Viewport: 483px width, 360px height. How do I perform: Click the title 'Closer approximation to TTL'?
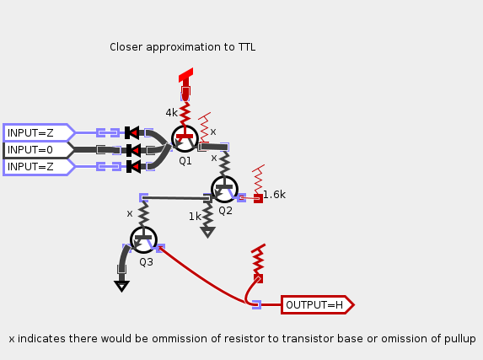[182, 47]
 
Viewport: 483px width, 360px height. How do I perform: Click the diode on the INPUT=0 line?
[132, 150]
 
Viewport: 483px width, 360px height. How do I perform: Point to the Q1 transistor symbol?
[185, 138]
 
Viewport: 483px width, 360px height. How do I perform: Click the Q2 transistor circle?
[224, 189]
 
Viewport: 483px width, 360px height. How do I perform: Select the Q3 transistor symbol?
[143, 240]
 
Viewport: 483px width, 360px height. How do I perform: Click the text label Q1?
[185, 160]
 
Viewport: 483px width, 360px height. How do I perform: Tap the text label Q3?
[146, 262]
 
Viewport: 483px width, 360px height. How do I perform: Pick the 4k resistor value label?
[171, 113]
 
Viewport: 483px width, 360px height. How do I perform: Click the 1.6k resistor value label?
[274, 195]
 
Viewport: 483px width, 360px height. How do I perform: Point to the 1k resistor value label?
[195, 217]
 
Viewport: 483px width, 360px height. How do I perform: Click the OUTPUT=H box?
[315, 305]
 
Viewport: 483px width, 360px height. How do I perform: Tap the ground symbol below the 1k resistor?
[207, 232]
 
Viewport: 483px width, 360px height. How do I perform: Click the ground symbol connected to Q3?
[121, 285]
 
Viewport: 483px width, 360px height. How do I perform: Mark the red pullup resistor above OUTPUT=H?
[259, 260]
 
